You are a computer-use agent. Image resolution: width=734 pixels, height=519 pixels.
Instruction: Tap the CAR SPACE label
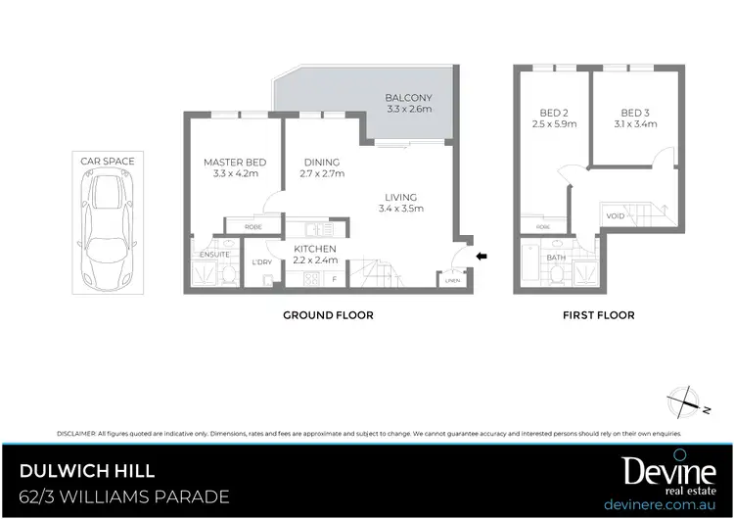click(109, 161)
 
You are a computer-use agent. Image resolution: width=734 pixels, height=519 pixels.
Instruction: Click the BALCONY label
click(408, 99)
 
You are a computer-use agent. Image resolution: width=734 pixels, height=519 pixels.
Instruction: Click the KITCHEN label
click(315, 249)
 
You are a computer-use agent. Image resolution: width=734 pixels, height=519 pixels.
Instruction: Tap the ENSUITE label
click(213, 255)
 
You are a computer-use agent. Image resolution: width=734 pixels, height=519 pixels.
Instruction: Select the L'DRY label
click(262, 262)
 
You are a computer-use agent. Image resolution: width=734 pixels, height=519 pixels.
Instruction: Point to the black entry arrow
click(481, 258)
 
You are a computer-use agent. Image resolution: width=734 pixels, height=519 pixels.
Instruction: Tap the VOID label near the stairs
click(616, 216)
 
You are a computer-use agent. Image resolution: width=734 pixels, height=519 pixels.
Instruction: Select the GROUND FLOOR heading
click(328, 315)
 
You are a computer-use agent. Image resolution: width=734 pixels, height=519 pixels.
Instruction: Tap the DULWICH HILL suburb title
click(86, 472)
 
